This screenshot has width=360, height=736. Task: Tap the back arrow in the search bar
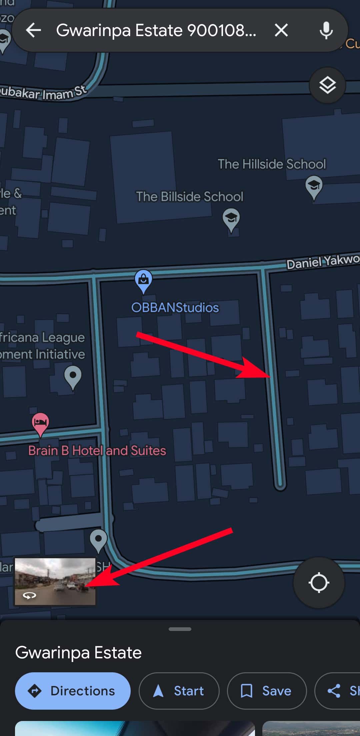coord(34,30)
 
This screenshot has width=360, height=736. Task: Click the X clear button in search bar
coord(281,30)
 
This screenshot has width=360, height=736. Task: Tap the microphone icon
coord(326,30)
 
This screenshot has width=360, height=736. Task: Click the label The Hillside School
coord(272,164)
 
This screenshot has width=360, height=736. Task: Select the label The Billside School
coord(189,196)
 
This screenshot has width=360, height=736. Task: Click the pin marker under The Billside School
coord(231,219)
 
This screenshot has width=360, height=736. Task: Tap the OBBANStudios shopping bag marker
coord(143,280)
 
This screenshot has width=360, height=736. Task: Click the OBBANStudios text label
coord(175,307)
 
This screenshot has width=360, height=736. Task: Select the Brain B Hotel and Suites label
coord(97,451)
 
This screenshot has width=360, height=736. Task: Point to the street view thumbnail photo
coord(55,581)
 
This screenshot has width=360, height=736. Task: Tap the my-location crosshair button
coord(319,582)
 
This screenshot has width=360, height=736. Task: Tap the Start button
coord(179,691)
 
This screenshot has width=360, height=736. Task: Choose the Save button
coord(267,691)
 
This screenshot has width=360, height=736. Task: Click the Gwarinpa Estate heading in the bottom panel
coord(78,652)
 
